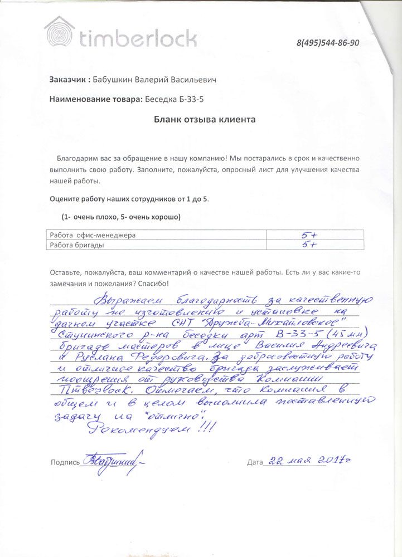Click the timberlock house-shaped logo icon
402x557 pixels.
coord(60,32)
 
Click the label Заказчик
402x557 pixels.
coord(69,80)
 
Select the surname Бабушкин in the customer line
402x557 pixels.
coord(114,80)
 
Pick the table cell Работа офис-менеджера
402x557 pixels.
coord(93,235)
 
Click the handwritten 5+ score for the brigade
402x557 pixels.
coord(309,245)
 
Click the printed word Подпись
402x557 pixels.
coord(65,462)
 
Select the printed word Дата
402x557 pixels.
coord(254,462)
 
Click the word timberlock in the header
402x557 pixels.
coord(138,38)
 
